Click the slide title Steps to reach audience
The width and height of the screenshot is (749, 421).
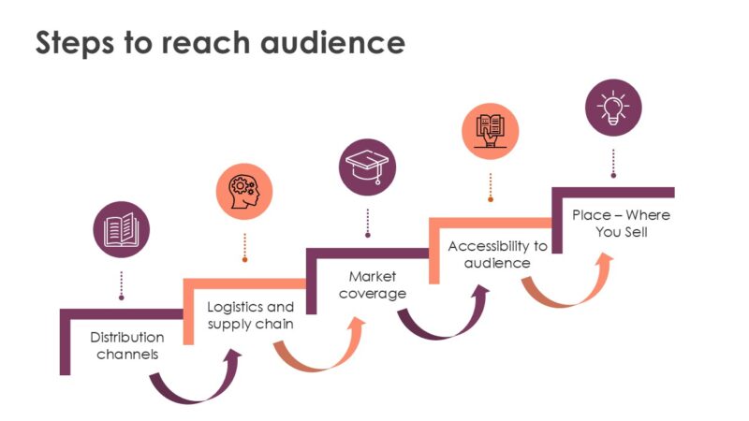[x=220, y=43]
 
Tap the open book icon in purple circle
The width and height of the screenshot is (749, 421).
[x=122, y=229]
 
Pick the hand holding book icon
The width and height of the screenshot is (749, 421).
[x=491, y=130]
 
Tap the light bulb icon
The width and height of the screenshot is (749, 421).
[x=613, y=107]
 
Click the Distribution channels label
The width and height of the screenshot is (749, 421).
[x=127, y=345]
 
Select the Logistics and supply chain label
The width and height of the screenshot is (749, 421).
[x=250, y=315]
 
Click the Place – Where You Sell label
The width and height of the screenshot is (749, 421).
[x=621, y=224]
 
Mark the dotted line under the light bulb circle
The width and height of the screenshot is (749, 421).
[x=613, y=161]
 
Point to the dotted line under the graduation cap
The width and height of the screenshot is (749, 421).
[x=367, y=223]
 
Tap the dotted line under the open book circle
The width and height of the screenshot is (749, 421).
[x=122, y=284]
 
